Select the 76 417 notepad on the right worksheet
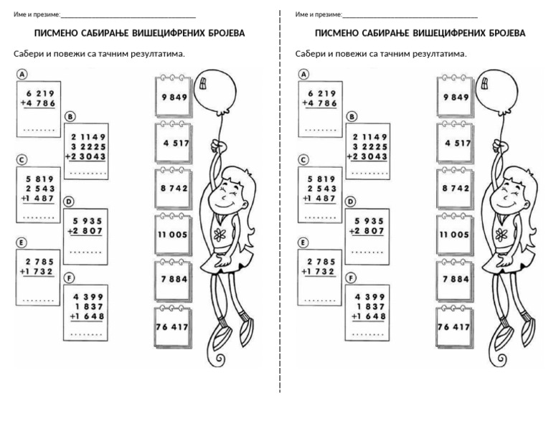point(455,327)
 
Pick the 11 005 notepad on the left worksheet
point(174,235)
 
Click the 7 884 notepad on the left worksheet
point(174,280)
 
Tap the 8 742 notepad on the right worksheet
point(455,189)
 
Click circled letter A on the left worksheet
point(22,74)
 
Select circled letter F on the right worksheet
point(351,279)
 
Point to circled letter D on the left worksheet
point(70,202)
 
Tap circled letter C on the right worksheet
point(303,159)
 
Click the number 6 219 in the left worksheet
point(39,93)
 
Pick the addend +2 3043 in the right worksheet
point(367,156)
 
